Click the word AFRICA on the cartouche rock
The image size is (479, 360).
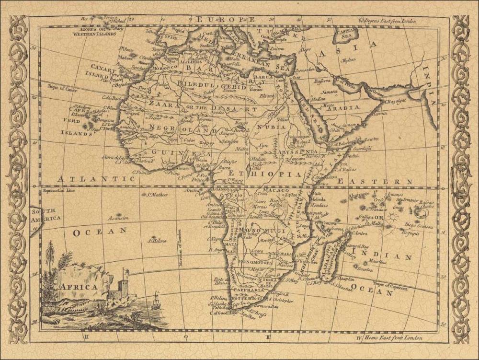coord(79,287)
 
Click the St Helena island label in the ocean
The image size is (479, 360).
coord(156,240)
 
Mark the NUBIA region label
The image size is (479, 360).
coord(272,127)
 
